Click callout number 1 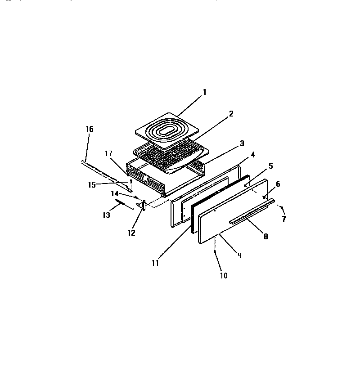click(205, 92)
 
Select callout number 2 click(231, 114)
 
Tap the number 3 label click(242, 143)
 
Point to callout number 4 click(253, 155)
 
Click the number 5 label click(270, 166)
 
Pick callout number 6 click(278, 184)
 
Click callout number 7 click(283, 219)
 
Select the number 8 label click(265, 236)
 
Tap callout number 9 click(239, 255)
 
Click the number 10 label click(224, 275)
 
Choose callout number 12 click(131, 233)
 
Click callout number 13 click(106, 215)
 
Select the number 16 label click(89, 129)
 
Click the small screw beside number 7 click(280, 208)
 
